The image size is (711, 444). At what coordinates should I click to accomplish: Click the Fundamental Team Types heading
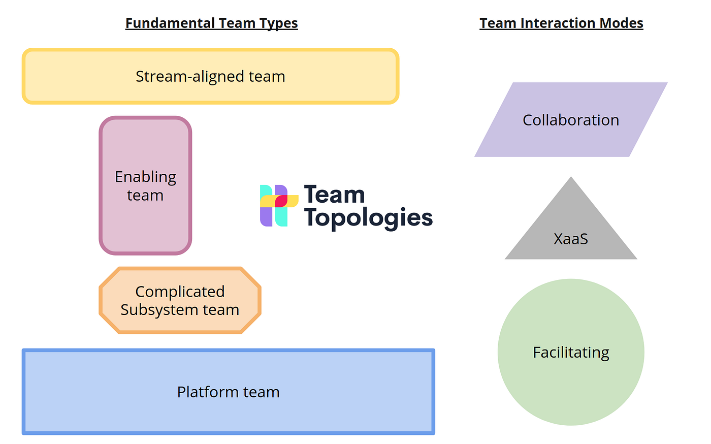coord(211,23)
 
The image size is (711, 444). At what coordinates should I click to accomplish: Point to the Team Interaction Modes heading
coord(561,23)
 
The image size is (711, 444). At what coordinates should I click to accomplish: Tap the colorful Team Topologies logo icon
coord(279,205)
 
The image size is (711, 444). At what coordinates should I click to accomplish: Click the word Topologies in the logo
coord(368,217)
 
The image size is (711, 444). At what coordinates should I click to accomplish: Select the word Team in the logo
coord(334,195)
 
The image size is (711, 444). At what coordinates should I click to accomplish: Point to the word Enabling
coord(145,177)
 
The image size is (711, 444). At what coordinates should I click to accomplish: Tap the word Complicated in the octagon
coord(180,292)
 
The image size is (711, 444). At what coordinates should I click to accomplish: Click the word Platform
coord(208,392)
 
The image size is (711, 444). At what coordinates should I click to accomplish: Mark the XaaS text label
coord(571,239)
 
